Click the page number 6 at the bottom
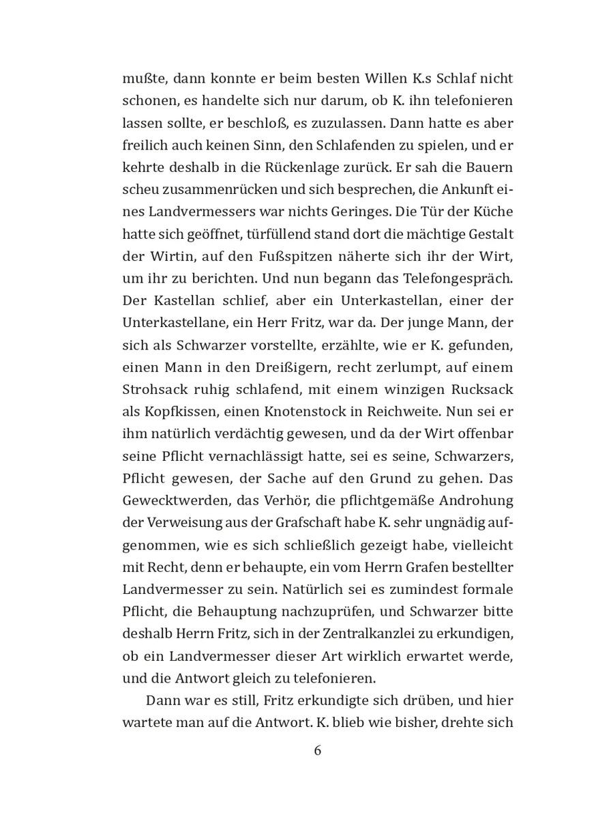[316, 751]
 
